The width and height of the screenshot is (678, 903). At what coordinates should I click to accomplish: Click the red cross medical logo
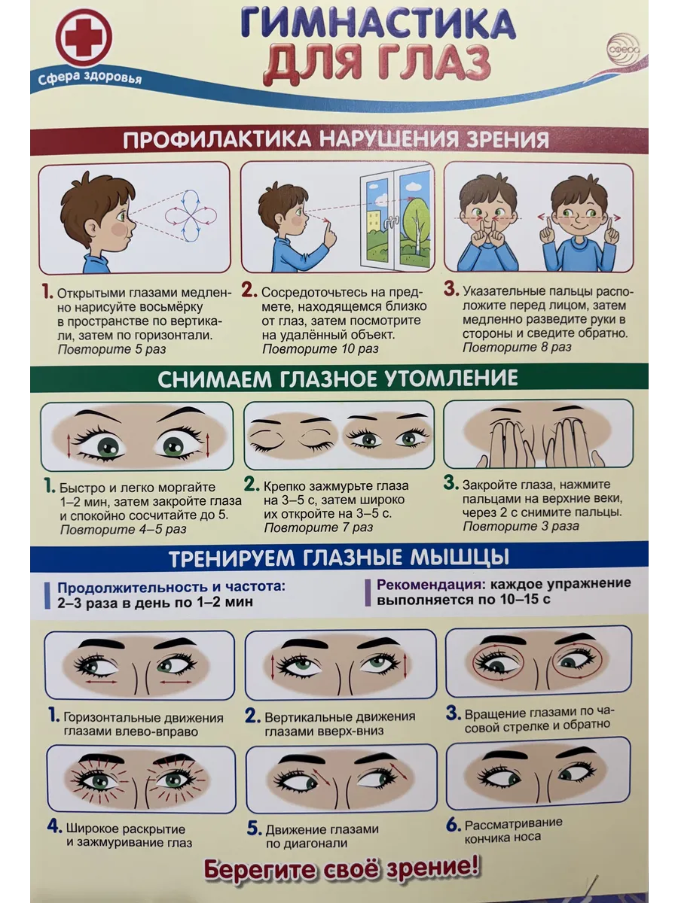pyautogui.click(x=84, y=37)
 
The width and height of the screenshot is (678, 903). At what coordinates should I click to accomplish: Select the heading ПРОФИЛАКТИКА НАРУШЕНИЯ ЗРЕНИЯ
pyautogui.click(x=336, y=140)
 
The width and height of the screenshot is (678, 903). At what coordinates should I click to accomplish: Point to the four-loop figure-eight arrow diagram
pyautogui.click(x=191, y=215)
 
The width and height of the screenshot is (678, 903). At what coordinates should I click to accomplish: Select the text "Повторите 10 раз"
pyautogui.click(x=320, y=349)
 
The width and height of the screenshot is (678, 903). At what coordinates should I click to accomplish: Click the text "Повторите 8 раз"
pyautogui.click(x=517, y=347)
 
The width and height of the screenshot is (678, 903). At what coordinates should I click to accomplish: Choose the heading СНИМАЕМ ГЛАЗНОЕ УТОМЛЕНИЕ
pyautogui.click(x=337, y=379)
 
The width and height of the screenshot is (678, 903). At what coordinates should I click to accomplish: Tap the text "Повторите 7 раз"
pyautogui.click(x=318, y=527)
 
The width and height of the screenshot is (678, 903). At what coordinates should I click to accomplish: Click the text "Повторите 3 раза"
pyautogui.click(x=521, y=526)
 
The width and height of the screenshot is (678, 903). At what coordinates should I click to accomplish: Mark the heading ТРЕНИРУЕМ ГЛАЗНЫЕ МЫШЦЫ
pyautogui.click(x=339, y=558)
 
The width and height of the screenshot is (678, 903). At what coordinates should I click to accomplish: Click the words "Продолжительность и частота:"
pyautogui.click(x=171, y=586)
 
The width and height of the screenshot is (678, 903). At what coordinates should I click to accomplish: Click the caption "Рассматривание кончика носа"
pyautogui.click(x=514, y=829)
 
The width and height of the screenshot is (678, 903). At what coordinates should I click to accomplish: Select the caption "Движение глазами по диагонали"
pyautogui.click(x=322, y=835)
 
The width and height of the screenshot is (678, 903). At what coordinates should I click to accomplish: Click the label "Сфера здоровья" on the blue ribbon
pyautogui.click(x=90, y=78)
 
